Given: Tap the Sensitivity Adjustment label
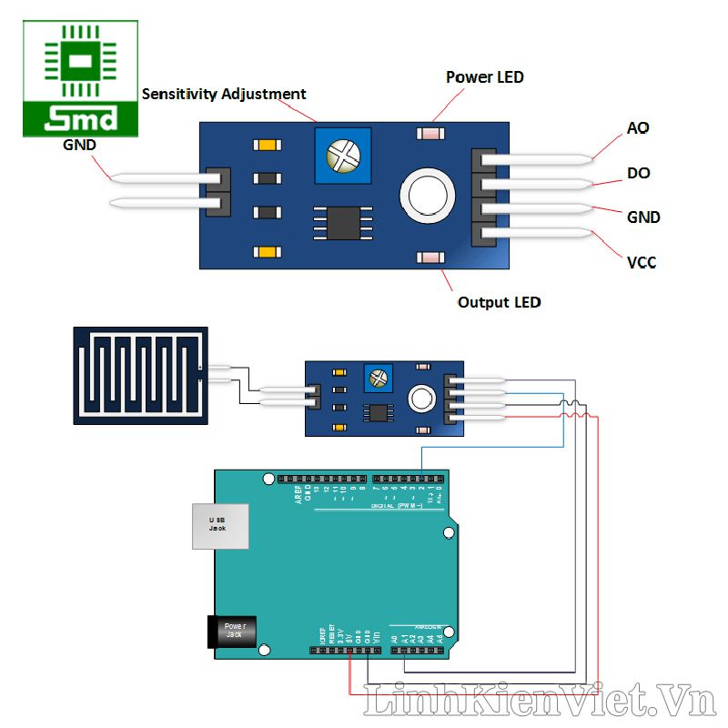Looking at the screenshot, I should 224,94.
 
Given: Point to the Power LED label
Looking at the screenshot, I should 484,77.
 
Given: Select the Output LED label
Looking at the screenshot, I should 499,302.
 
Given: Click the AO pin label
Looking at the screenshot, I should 638,128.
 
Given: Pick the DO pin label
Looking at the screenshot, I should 639,173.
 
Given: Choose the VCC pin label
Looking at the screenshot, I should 642,263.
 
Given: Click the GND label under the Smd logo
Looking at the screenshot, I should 78,145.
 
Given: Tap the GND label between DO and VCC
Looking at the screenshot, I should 643,217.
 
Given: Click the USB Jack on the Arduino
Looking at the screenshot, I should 219,525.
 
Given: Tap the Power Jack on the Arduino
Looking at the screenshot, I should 234,631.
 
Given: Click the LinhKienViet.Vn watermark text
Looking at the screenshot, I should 541,702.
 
